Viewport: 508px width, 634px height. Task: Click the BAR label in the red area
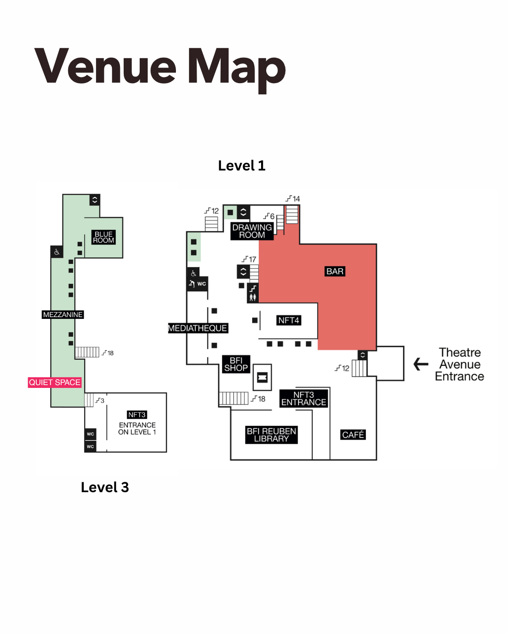pyautogui.click(x=335, y=271)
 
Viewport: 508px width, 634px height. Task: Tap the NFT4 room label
pyautogui.click(x=288, y=320)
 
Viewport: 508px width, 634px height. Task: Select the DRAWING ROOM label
pyautogui.click(x=252, y=231)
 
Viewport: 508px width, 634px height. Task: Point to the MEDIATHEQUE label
pyautogui.click(x=198, y=328)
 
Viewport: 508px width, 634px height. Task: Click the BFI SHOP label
pyautogui.click(x=236, y=364)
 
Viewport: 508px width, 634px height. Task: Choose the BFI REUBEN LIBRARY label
pyautogui.click(x=271, y=435)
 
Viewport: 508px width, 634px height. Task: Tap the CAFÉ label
pyautogui.click(x=353, y=435)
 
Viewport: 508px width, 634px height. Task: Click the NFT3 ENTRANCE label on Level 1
pyautogui.click(x=303, y=399)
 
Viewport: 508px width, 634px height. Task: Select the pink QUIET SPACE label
pyautogui.click(x=55, y=382)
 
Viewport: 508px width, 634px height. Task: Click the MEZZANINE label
pyautogui.click(x=63, y=315)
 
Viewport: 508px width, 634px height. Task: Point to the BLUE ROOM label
pyautogui.click(x=103, y=237)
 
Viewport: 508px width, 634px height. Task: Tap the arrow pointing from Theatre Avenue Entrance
pyautogui.click(x=421, y=364)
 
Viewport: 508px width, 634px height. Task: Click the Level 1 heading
pyautogui.click(x=242, y=166)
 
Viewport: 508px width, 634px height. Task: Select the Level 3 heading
pyautogui.click(x=104, y=487)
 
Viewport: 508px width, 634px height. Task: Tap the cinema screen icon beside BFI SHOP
pyautogui.click(x=262, y=377)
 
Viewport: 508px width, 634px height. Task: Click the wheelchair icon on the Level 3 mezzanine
pyautogui.click(x=56, y=252)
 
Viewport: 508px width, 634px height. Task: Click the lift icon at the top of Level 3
pyautogui.click(x=95, y=200)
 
